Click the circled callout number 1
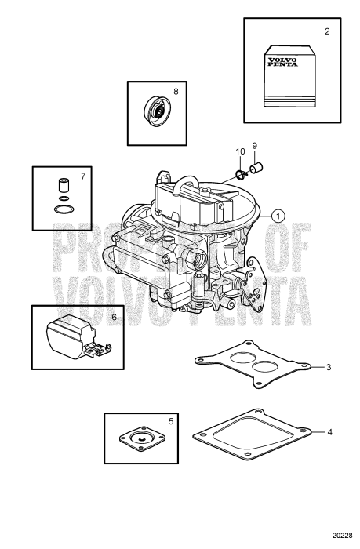(x=278, y=213)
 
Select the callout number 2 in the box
(x=327, y=32)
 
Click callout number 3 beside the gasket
(x=329, y=366)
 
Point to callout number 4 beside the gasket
(x=329, y=431)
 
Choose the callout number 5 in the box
(x=172, y=421)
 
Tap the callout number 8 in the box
(x=176, y=91)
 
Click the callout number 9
(x=255, y=146)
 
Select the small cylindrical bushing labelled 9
(x=255, y=167)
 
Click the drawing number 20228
(x=340, y=536)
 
